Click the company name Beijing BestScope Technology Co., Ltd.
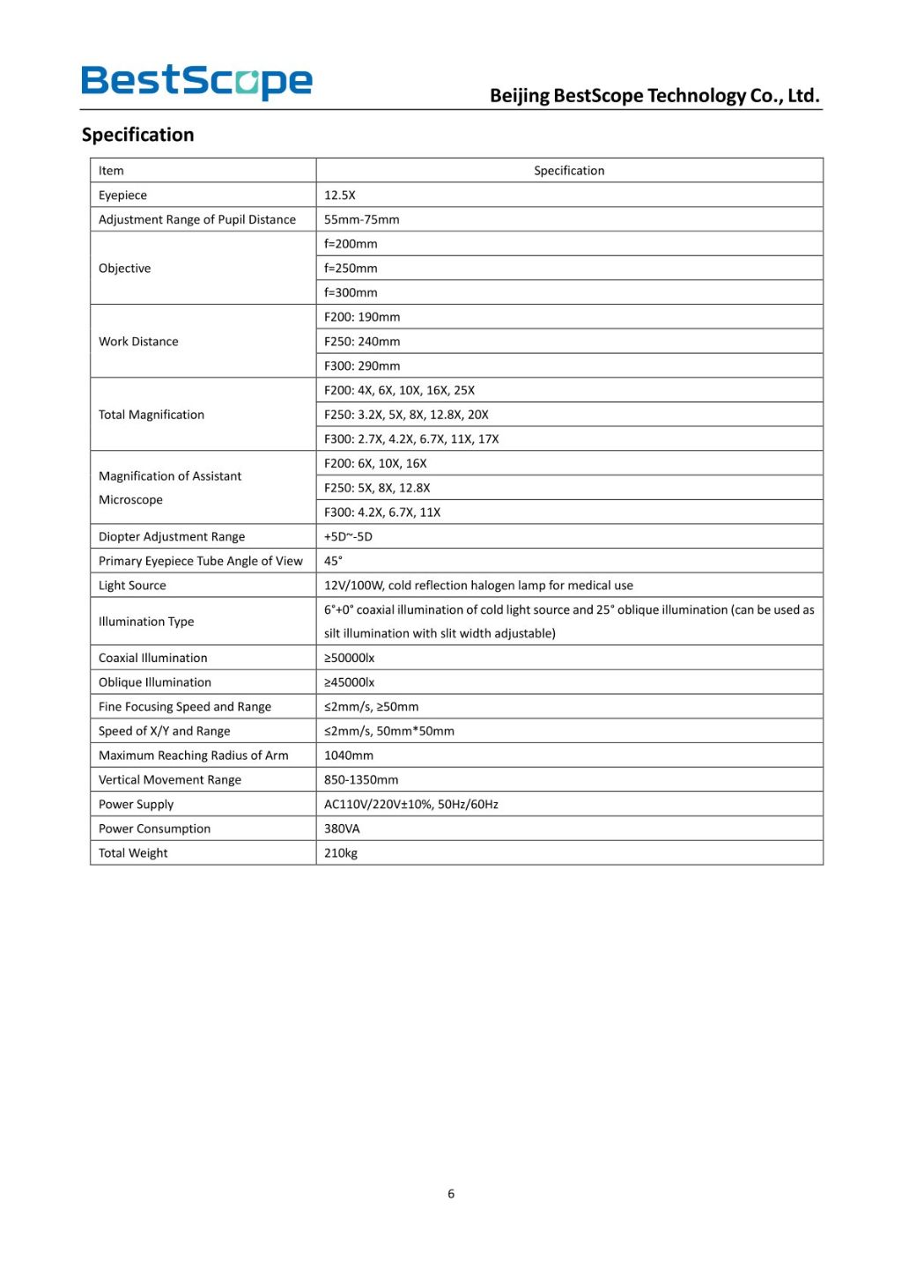(x=654, y=95)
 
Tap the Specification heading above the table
(x=137, y=135)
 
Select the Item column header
(x=111, y=171)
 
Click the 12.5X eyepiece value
(x=340, y=195)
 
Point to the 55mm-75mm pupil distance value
(x=362, y=219)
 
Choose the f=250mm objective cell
(x=351, y=269)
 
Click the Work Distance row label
(x=138, y=342)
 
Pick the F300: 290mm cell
(x=362, y=366)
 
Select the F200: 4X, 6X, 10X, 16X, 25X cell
(x=399, y=390)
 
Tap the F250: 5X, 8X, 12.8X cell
(x=377, y=488)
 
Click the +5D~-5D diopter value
(x=348, y=536)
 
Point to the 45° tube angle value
(x=333, y=561)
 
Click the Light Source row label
(x=132, y=586)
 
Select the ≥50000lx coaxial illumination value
(x=349, y=658)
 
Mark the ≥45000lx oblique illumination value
(x=349, y=682)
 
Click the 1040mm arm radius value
(x=349, y=755)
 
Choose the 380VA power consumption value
(x=342, y=829)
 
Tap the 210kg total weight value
(x=341, y=853)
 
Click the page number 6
(x=451, y=1194)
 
